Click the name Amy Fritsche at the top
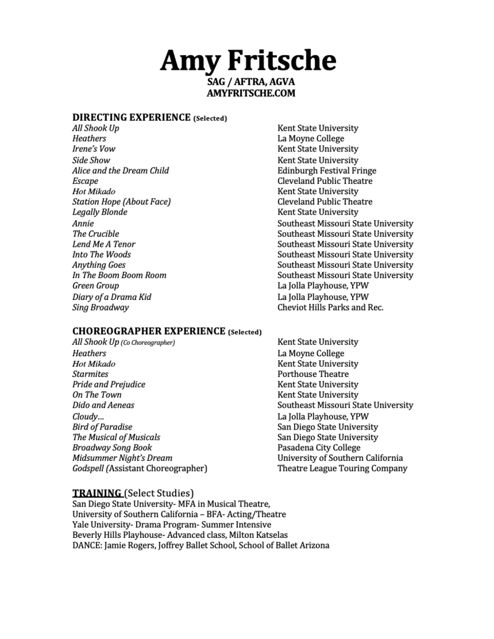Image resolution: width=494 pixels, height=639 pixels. tap(247, 60)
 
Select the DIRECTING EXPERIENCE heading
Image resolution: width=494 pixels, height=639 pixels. tap(131, 117)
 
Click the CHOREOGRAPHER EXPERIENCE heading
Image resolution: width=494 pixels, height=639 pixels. tap(148, 331)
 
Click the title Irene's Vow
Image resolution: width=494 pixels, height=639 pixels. tap(93, 149)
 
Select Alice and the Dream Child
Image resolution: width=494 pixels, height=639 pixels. tap(120, 171)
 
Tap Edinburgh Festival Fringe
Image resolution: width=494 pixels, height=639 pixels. tap(326, 171)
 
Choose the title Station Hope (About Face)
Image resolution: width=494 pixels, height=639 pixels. tap(121, 202)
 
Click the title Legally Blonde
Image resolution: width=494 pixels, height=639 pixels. tap(99, 212)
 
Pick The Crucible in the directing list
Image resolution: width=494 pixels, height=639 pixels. tap(95, 234)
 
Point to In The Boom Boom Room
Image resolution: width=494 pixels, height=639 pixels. tap(119, 275)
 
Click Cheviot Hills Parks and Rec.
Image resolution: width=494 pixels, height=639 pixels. tap(330, 308)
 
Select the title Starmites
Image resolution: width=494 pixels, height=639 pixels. tap(90, 374)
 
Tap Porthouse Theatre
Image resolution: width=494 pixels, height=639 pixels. tap(313, 374)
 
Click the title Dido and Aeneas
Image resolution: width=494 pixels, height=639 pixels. tap(103, 405)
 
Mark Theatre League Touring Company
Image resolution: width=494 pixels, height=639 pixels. tap(342, 469)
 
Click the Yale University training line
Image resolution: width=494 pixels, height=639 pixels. tap(172, 525)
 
